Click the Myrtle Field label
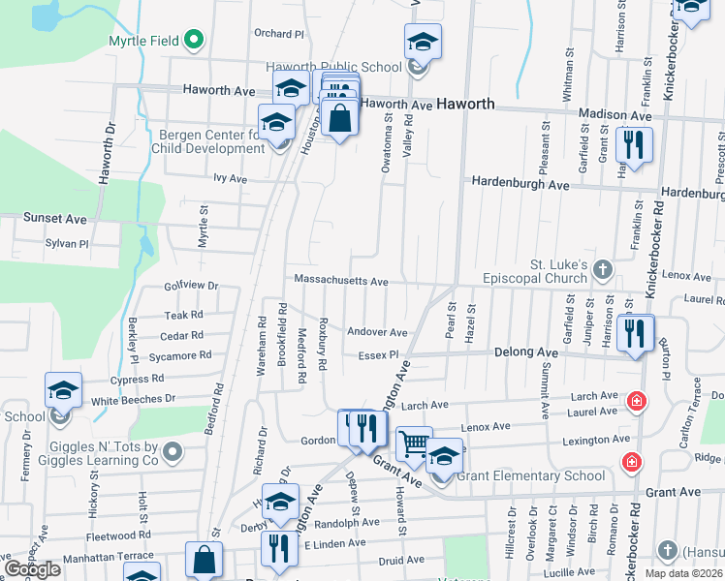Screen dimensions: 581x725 tap(143, 41)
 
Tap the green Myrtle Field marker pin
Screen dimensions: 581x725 tap(193, 41)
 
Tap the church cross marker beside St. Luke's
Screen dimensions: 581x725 tap(603, 267)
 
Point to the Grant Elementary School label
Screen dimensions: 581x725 tap(530, 475)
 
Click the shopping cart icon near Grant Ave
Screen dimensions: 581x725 tap(414, 444)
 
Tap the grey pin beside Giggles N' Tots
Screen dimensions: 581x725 tap(173, 451)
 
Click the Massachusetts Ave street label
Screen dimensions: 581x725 tap(340, 281)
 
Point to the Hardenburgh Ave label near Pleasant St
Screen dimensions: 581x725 tap(520, 182)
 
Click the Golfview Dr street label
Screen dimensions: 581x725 tap(190, 287)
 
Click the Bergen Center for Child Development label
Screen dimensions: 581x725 tap(208, 141)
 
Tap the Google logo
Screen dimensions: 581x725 tap(32, 569)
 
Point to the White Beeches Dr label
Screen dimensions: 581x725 tap(133, 399)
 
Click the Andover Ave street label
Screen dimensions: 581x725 tap(377, 331)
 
